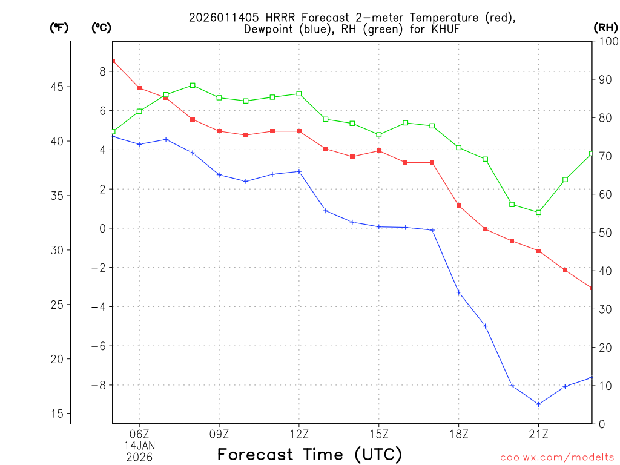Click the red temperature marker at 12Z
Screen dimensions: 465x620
tap(299, 131)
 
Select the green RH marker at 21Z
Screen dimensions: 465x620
tap(538, 212)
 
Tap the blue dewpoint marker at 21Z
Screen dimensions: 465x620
tap(538, 404)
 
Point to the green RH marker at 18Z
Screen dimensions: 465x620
tap(458, 147)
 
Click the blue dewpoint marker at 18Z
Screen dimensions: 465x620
tap(458, 292)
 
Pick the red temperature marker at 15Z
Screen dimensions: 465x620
tap(378, 150)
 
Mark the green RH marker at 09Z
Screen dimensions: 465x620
tap(219, 97)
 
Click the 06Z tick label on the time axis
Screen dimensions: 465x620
tap(139, 434)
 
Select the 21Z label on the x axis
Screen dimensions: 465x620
tap(538, 434)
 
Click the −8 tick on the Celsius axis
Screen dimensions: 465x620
tap(98, 385)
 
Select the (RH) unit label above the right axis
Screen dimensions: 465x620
tap(605, 27)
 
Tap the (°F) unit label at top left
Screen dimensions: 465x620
tap(59, 27)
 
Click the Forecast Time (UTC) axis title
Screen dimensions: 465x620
tap(309, 454)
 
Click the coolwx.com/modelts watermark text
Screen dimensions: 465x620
tap(557, 457)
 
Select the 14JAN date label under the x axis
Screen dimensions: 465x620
tap(139, 445)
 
